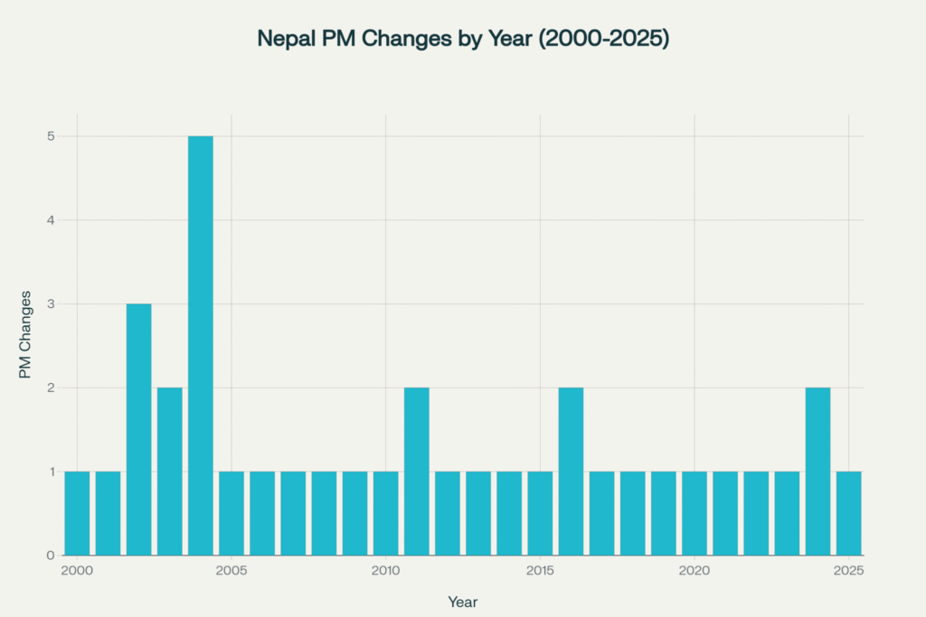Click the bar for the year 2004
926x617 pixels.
click(x=201, y=346)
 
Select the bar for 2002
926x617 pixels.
click(x=138, y=429)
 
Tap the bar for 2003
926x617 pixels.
click(x=170, y=471)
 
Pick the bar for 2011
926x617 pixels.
click(x=417, y=471)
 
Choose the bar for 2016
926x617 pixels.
click(x=571, y=471)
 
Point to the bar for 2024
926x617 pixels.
click(x=817, y=471)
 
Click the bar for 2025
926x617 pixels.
click(x=848, y=513)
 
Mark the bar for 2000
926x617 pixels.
click(x=77, y=513)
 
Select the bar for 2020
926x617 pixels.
click(x=694, y=513)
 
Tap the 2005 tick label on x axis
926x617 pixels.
click(x=231, y=571)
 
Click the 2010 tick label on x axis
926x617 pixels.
click(x=386, y=571)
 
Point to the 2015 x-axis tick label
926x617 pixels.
click(x=540, y=571)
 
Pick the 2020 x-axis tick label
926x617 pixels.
click(x=694, y=571)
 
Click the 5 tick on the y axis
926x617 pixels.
click(x=52, y=136)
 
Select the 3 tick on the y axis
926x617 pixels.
click(x=52, y=304)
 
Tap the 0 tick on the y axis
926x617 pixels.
click(x=52, y=555)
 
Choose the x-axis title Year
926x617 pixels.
click(x=463, y=602)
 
